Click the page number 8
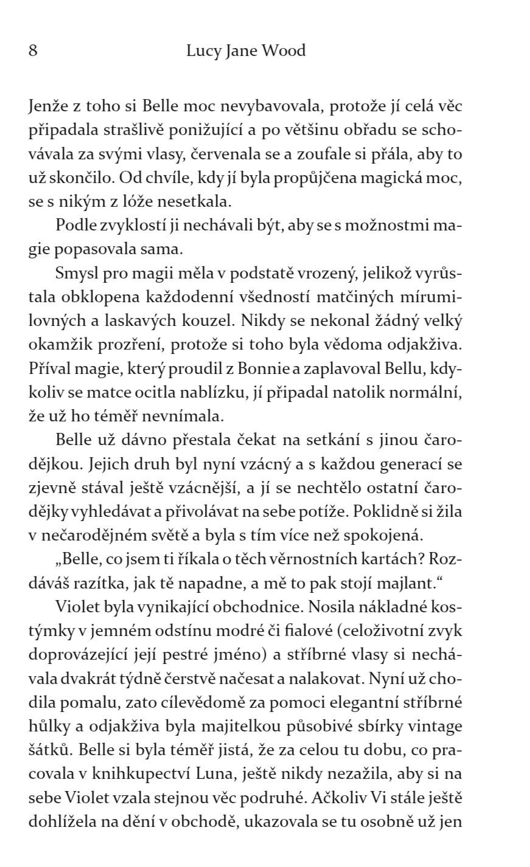33,51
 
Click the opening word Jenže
47,106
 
